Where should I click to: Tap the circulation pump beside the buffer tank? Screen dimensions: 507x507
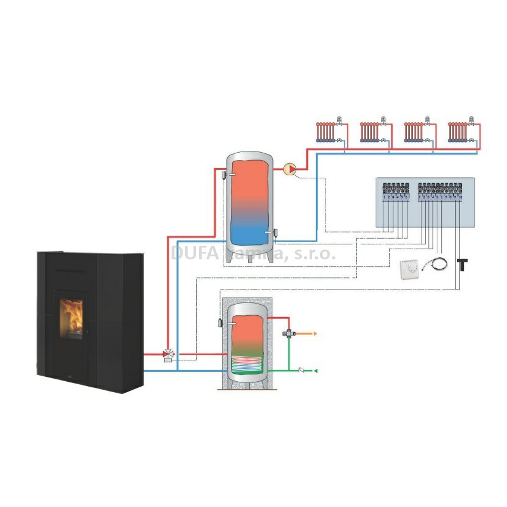pos(291,169)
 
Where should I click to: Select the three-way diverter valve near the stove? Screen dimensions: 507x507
pos(168,354)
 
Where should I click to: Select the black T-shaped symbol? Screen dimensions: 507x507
pos(462,264)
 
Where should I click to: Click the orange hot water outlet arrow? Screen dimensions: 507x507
pos(315,334)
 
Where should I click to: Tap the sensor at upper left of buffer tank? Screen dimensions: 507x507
pos(225,175)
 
